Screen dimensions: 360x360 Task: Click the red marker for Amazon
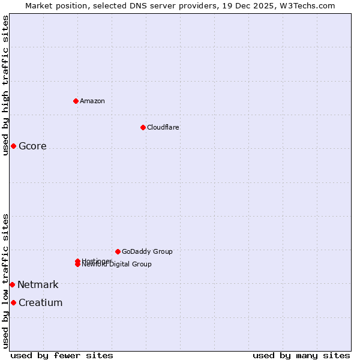pyautogui.click(x=76, y=101)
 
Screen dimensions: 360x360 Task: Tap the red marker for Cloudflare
pyautogui.click(x=143, y=127)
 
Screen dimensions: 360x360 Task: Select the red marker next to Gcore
pyautogui.click(x=13, y=146)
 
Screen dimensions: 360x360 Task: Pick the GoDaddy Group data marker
pyautogui.click(x=118, y=251)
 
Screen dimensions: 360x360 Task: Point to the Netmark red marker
pyautogui.click(x=12, y=284)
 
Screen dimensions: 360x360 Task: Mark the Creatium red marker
pyautogui.click(x=13, y=302)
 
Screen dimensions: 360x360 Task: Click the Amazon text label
pyautogui.click(x=92, y=101)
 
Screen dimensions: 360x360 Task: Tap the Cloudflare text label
pyautogui.click(x=163, y=127)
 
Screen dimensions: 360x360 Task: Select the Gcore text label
pyautogui.click(x=32, y=146)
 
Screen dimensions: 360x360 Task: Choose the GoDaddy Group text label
pyautogui.click(x=147, y=251)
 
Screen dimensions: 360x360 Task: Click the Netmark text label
pyautogui.click(x=38, y=285)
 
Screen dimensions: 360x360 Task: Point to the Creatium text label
pyautogui.click(x=40, y=303)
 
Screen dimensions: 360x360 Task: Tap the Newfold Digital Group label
pyautogui.click(x=118, y=265)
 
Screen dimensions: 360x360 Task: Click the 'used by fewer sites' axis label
pyautogui.click(x=62, y=355)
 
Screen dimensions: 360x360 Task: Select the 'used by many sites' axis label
pyautogui.click(x=301, y=355)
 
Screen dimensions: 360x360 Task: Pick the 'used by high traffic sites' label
pyautogui.click(x=5, y=85)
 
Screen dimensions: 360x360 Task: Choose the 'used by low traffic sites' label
pyautogui.click(x=5, y=281)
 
